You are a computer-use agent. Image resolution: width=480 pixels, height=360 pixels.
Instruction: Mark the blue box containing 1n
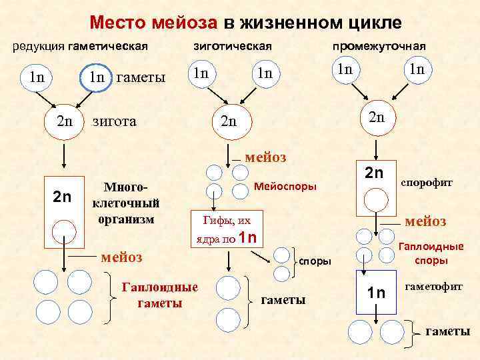pyautogui.click(x=375, y=292)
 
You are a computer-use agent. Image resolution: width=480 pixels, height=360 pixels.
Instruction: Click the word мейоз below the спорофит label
pyautogui.click(x=426, y=221)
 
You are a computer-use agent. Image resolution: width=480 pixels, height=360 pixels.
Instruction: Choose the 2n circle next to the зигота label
pyautogui.click(x=64, y=121)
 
